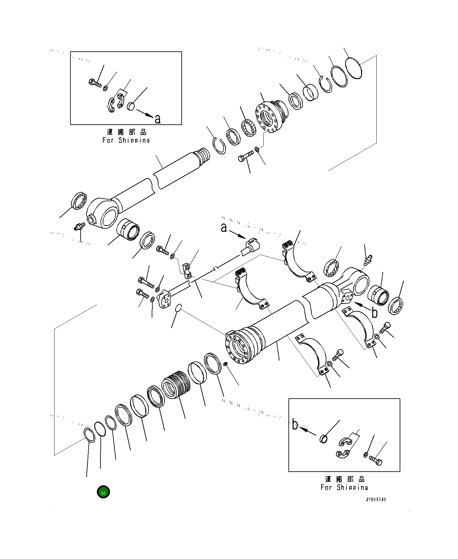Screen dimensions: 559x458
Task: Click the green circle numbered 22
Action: tap(103, 492)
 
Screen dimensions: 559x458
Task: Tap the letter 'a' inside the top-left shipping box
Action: tap(157, 119)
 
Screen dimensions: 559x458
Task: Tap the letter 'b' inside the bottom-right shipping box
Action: tap(295, 425)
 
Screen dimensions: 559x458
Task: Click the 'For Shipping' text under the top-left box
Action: tap(126, 140)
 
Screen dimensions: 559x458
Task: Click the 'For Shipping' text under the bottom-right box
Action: tap(344, 487)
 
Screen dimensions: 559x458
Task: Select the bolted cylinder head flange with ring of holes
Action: tap(270, 116)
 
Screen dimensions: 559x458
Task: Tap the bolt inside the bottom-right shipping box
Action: tap(376, 460)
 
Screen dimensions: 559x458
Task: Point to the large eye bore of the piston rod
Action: tap(109, 217)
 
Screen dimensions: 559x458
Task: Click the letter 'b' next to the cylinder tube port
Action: tap(374, 313)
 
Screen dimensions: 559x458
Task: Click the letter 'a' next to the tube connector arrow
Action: tap(224, 228)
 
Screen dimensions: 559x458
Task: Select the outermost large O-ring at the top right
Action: tap(354, 68)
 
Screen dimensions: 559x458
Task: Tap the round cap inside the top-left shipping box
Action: tap(131, 106)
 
